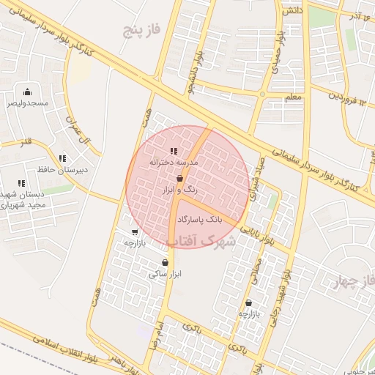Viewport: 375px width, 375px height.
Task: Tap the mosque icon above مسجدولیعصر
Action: click(27, 92)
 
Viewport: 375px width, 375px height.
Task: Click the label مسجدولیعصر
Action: click(28, 103)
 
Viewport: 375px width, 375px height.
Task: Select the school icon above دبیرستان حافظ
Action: click(62, 158)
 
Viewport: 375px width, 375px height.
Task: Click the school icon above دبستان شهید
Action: click(22, 183)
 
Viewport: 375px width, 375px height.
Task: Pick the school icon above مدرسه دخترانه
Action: click(174, 151)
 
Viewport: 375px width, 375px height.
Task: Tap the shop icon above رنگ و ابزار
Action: click(179, 178)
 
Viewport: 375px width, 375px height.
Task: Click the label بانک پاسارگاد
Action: click(198, 219)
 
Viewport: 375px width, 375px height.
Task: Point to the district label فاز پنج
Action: click(141, 29)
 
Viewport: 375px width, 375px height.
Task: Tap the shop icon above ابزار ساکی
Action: click(165, 262)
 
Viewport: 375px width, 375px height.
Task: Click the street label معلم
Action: click(293, 96)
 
